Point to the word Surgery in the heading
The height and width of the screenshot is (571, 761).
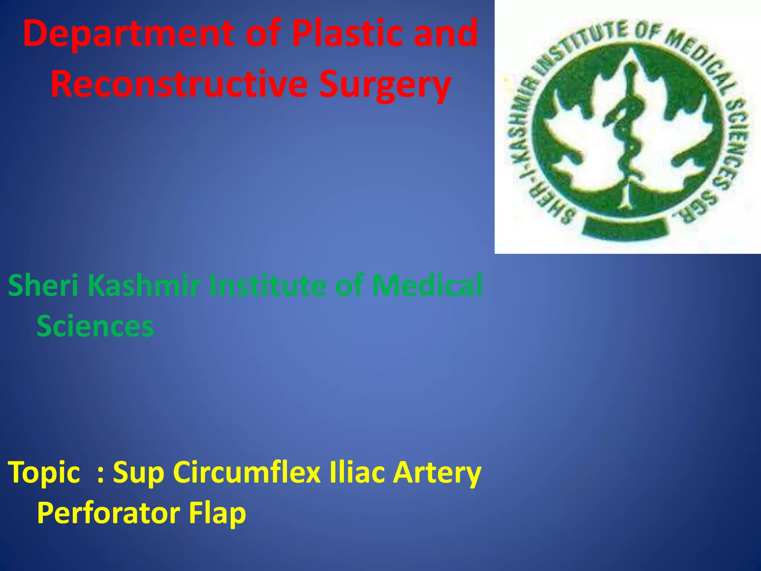coord(385,85)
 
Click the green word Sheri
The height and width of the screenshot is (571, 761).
coord(43,285)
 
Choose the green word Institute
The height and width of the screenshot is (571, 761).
coord(268,285)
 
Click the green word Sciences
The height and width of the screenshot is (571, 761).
coord(95,326)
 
